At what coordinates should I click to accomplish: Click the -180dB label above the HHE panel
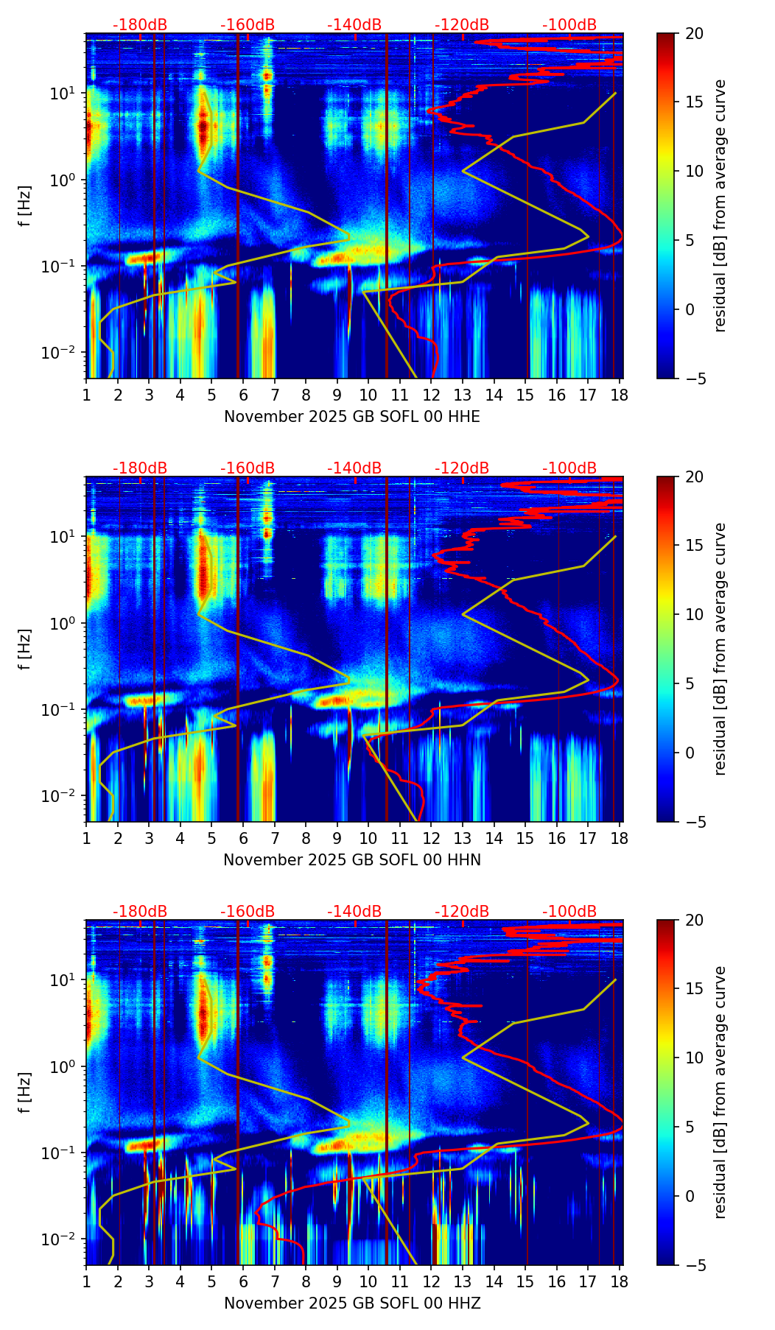point(140,25)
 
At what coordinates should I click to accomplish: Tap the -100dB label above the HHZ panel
point(569,912)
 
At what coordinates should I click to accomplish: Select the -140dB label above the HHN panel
point(354,468)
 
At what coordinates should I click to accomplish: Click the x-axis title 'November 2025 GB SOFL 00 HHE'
point(352,417)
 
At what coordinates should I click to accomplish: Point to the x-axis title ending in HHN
point(352,860)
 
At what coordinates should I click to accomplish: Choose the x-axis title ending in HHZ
point(352,1303)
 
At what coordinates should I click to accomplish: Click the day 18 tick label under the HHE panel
point(620,395)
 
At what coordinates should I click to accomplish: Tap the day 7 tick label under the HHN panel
point(275,839)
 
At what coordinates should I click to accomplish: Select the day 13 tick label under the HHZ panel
point(463,1282)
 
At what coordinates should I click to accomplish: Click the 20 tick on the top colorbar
point(694,34)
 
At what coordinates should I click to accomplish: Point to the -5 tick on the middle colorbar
point(694,822)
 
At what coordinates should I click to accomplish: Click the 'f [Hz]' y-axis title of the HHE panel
point(25,206)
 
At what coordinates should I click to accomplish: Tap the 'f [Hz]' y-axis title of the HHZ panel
point(25,1093)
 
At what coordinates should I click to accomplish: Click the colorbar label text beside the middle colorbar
point(720,649)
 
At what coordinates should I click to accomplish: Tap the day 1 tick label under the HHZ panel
point(86,1282)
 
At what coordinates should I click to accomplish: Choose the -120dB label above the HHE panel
point(462,25)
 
